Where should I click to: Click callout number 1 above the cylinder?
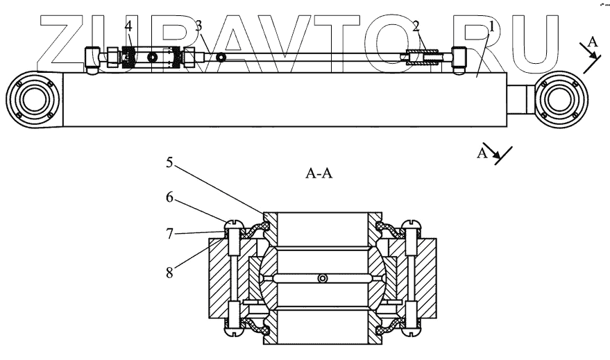(x=492, y=27)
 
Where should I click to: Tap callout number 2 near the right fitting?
(x=416, y=27)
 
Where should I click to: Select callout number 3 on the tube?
(x=199, y=26)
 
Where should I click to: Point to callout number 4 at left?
(x=128, y=26)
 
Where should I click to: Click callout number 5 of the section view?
(x=169, y=164)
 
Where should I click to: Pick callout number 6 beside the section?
(x=169, y=198)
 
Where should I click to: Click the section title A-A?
(x=319, y=174)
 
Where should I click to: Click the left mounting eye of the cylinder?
(x=31, y=103)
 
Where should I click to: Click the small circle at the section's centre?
(x=321, y=279)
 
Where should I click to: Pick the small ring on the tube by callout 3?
(x=221, y=57)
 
